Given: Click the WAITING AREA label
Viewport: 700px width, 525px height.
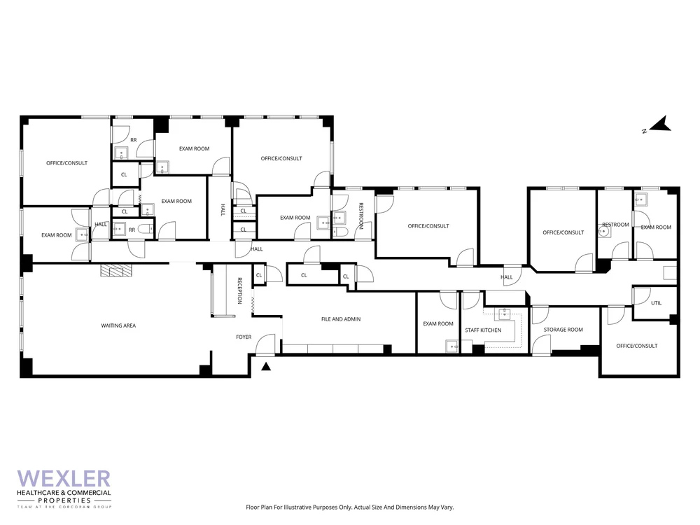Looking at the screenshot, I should (118, 325).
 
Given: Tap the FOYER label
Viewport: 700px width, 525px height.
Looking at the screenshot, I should (244, 337).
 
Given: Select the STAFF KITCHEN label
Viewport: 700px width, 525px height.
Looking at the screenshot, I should (483, 330).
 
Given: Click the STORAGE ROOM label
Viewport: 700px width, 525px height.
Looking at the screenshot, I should (563, 330).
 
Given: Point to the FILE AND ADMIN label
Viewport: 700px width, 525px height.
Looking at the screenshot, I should (341, 319).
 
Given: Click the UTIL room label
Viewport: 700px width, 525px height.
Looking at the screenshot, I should (656, 303).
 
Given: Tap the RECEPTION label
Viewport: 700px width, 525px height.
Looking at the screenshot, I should (239, 290).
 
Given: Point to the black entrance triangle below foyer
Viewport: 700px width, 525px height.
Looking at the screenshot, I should (266, 365).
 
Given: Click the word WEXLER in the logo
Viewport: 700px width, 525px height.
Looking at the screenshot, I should (64, 479).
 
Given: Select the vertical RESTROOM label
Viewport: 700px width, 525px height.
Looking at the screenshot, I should (361, 216).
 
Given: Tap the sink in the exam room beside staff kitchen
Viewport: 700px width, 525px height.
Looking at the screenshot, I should (452, 345).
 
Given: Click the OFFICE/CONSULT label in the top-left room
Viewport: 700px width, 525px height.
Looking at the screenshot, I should (66, 163).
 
